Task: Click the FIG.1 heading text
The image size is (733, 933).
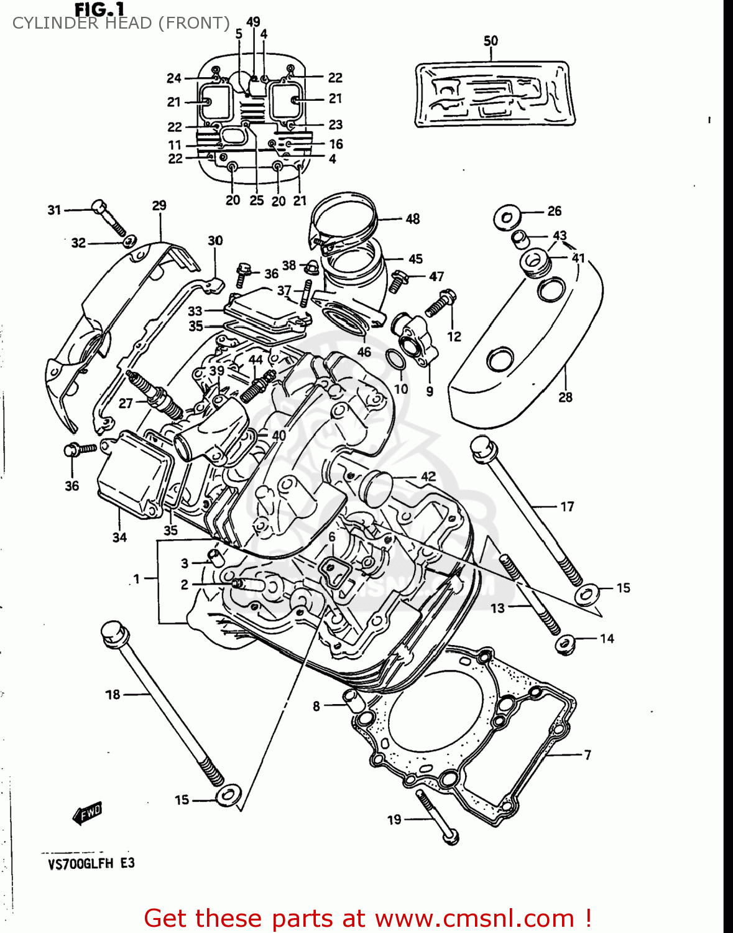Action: pyautogui.click(x=99, y=9)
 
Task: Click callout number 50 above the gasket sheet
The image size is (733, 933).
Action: pyautogui.click(x=491, y=41)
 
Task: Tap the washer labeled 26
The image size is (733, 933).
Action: pyautogui.click(x=507, y=218)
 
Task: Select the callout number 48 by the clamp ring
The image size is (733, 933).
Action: pyautogui.click(x=413, y=219)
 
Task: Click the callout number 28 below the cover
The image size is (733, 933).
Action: pyautogui.click(x=565, y=397)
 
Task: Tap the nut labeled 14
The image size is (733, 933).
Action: pyautogui.click(x=564, y=644)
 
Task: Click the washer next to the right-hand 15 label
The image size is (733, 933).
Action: pyautogui.click(x=586, y=594)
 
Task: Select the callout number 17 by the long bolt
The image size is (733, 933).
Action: pyautogui.click(x=567, y=507)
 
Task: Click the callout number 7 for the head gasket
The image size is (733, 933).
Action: pyautogui.click(x=587, y=754)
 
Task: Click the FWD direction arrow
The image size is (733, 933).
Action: pyautogui.click(x=87, y=812)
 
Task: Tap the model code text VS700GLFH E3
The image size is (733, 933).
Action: pyautogui.click(x=91, y=863)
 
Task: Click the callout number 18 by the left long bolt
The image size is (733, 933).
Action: pyautogui.click(x=113, y=694)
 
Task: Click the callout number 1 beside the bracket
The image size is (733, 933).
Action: pyautogui.click(x=137, y=578)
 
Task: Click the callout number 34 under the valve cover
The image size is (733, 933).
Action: pyautogui.click(x=119, y=537)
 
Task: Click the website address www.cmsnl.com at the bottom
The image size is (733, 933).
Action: pyautogui.click(x=475, y=918)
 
